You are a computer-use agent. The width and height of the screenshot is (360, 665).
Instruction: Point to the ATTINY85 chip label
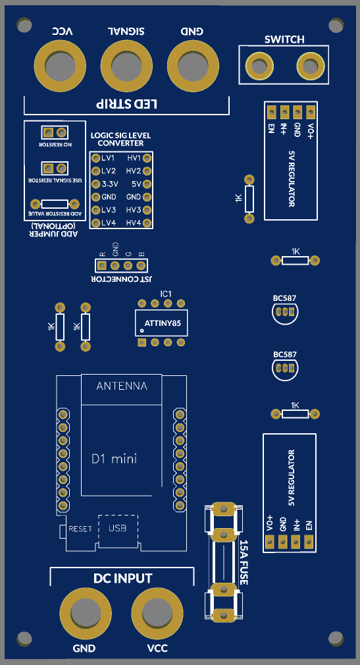pyautogui.click(x=163, y=323)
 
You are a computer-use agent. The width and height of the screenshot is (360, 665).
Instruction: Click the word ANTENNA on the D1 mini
pyautogui.click(x=122, y=386)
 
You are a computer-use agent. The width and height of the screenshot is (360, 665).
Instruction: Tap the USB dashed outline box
pyautogui.click(x=118, y=529)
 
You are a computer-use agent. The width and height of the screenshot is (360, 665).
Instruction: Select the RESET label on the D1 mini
pyautogui.click(x=80, y=529)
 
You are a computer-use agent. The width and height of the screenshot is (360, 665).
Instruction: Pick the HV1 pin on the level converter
pyautogui.click(x=147, y=158)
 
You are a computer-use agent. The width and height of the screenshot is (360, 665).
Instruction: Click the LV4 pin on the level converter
pyautogui.click(x=96, y=223)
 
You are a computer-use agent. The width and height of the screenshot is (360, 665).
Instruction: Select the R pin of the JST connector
pyautogui.click(x=101, y=266)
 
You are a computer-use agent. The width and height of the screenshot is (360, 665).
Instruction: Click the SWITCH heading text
pyautogui.click(x=284, y=40)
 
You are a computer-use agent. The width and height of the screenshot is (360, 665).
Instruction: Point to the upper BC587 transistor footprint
pyautogui.click(x=284, y=313)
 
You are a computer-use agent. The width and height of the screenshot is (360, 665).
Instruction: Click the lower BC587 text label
pyautogui.click(x=285, y=354)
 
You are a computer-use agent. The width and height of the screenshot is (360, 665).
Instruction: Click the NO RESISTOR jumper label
pyautogui.click(x=55, y=145)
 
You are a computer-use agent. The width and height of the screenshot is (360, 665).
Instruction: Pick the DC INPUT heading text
pyautogui.click(x=122, y=578)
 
